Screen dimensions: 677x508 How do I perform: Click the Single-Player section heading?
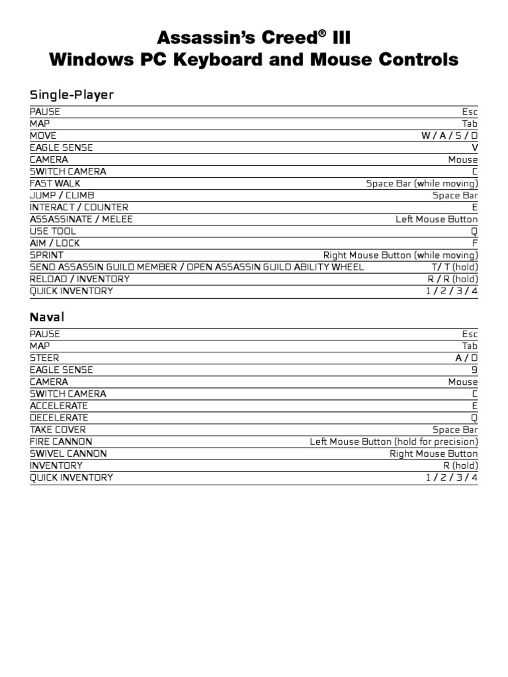coord(71,95)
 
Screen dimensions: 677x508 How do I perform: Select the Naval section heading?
coord(47,317)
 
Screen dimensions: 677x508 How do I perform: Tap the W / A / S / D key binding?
coord(449,136)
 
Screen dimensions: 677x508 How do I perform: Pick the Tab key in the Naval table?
coord(470,346)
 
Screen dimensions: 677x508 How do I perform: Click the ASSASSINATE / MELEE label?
coord(81,219)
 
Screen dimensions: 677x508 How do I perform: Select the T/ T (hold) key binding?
coord(454,267)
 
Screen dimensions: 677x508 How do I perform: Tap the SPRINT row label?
coord(47,255)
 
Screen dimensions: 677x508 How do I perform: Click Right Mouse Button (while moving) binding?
coord(400,255)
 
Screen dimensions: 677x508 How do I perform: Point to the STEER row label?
coord(44,358)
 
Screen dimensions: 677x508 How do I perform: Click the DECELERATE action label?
coord(59,418)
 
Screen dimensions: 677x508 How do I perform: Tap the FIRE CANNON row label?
coord(61,442)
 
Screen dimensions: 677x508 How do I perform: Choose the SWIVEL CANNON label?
coord(68,454)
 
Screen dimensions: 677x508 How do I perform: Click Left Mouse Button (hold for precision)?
coord(394,442)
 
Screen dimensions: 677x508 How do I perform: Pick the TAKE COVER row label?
coord(58,430)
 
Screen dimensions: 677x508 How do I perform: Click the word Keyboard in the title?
coord(219,60)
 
